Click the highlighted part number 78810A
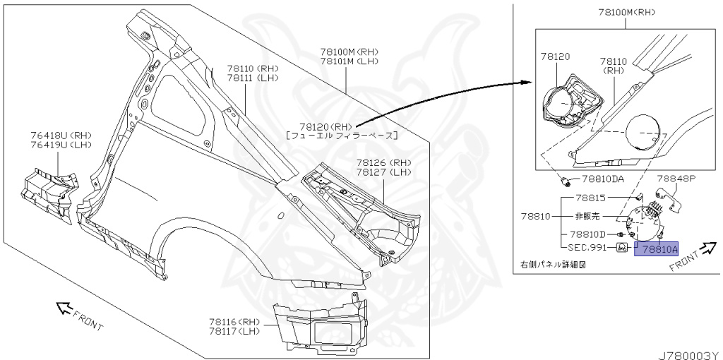(657, 248)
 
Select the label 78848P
(677, 179)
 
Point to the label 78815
(590, 198)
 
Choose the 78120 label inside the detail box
(556, 56)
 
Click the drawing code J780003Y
(690, 351)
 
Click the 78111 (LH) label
(253, 78)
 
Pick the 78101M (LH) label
(349, 61)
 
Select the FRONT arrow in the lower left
(66, 308)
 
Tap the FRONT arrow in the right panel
(707, 248)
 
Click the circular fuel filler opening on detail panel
(643, 132)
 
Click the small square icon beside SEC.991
(623, 248)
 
